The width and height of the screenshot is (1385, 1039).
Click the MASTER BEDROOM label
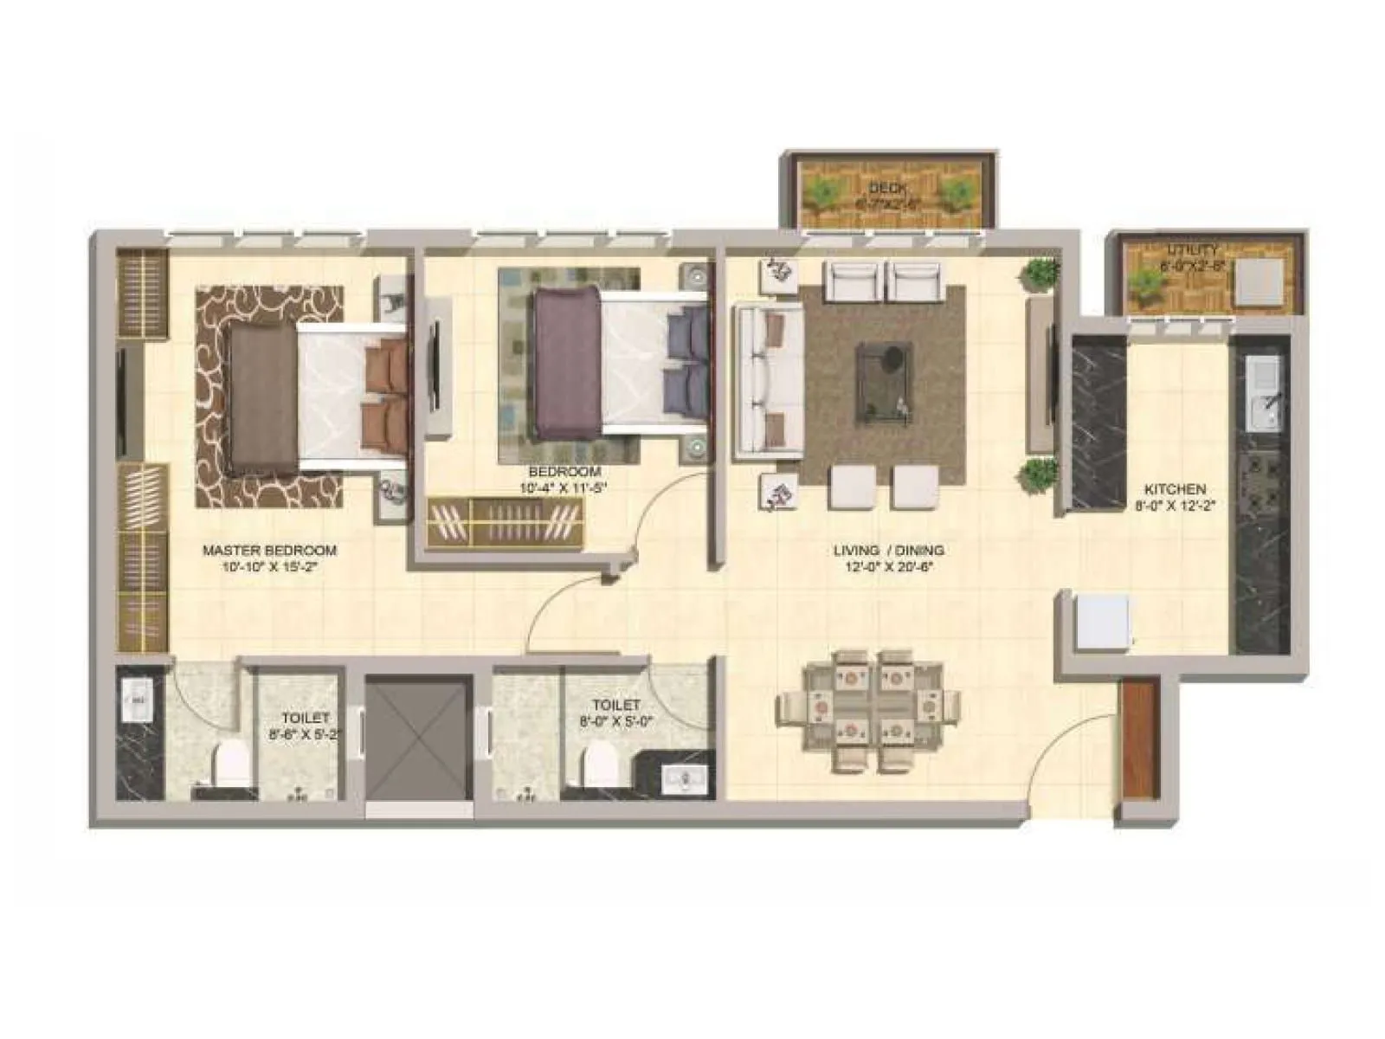269,551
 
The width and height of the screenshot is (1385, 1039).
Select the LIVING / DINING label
888,551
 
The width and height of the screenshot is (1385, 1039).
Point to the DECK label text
886,188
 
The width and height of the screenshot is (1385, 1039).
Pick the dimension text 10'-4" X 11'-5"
564,487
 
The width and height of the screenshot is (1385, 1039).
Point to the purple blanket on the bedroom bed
567,363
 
